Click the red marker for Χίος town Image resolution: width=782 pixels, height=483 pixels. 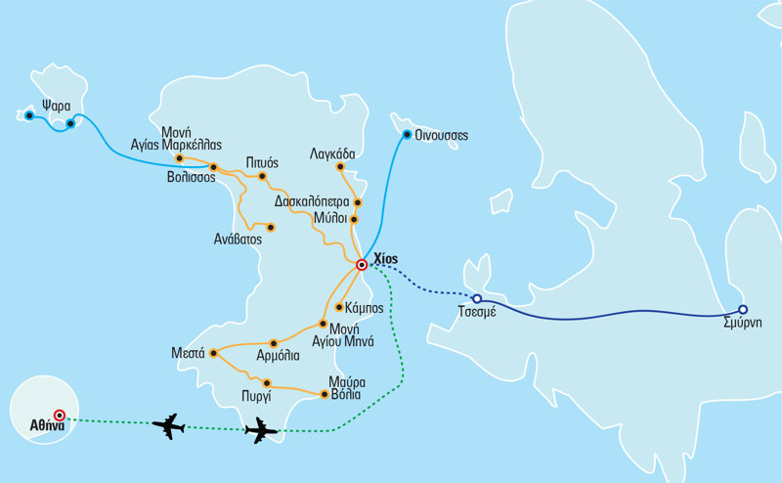tap(362, 265)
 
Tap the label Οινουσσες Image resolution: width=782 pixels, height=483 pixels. tap(442, 136)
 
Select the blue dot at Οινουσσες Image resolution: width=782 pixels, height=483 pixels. tap(407, 134)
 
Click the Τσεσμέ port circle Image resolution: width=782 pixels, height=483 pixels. tap(477, 299)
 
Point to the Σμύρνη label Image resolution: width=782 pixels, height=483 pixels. tap(743, 323)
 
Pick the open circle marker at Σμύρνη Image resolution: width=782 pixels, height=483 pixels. tap(743, 309)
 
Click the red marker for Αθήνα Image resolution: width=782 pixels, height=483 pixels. tap(60, 415)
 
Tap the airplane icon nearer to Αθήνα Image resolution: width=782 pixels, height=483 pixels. tap(168, 426)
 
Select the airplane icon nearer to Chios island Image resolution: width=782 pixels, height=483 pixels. tap(261, 430)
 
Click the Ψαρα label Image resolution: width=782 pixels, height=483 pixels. tap(57, 107)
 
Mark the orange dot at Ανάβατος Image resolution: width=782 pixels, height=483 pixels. tap(271, 228)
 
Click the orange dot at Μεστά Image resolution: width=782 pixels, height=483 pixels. tap(213, 353)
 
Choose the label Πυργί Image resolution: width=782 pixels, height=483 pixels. tap(256, 397)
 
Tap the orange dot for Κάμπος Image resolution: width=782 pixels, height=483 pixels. tap(339, 307)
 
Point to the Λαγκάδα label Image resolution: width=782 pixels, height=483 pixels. tap(332, 154)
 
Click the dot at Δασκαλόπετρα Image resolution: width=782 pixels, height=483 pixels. tap(358, 202)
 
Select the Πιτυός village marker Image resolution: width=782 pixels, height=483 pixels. tap(262, 176)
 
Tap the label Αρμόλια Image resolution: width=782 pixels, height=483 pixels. tap(278, 356)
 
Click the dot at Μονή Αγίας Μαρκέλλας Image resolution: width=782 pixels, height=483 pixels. tap(180, 158)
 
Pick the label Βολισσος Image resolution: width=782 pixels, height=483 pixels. tap(191, 178)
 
